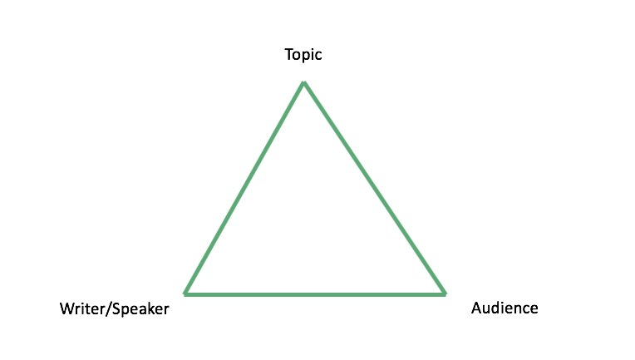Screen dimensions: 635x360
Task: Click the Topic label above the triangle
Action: click(x=303, y=55)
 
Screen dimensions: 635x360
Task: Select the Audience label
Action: click(x=505, y=308)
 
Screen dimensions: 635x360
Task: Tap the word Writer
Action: click(x=82, y=309)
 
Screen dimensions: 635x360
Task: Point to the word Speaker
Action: click(x=140, y=310)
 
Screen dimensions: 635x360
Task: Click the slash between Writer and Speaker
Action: click(x=109, y=309)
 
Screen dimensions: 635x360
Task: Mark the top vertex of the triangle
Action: click(x=303, y=82)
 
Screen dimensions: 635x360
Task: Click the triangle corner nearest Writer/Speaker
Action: click(x=185, y=294)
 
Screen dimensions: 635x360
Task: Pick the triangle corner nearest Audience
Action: click(x=445, y=294)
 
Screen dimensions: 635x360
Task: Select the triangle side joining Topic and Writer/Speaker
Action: click(x=244, y=188)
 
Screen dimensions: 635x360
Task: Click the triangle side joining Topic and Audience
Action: click(x=375, y=188)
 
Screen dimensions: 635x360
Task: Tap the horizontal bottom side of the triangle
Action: click(x=315, y=294)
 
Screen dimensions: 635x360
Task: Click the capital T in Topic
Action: click(x=289, y=54)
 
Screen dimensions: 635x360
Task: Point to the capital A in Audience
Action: click(x=477, y=308)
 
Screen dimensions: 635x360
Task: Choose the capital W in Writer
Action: click(x=67, y=309)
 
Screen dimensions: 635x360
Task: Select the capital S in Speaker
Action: click(x=116, y=309)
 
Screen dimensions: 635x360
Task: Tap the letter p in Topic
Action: click(x=306, y=57)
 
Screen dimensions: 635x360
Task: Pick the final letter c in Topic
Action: click(x=318, y=56)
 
